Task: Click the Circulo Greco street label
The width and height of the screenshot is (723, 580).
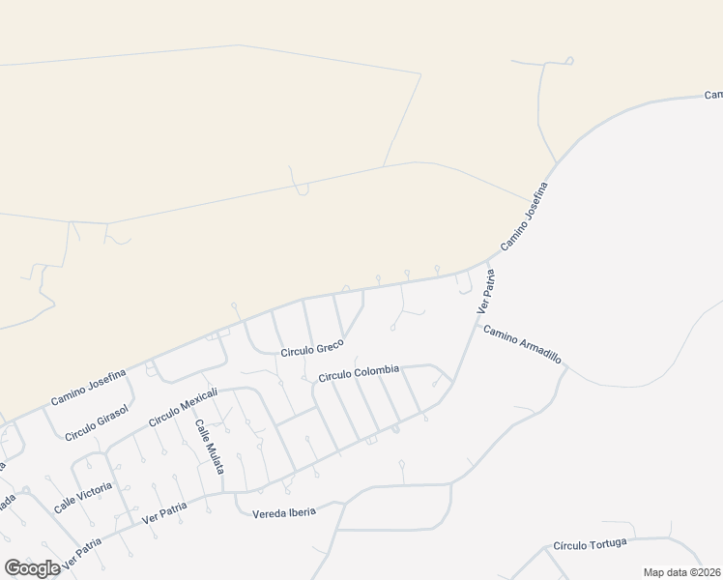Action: coord(312,351)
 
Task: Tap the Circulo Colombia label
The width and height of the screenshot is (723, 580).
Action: coord(359,371)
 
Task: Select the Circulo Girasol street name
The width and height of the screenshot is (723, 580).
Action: coord(97,422)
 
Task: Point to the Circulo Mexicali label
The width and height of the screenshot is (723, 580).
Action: coord(184,408)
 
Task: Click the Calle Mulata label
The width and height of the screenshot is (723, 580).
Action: coord(210,446)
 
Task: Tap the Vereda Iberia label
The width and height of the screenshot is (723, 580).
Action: coord(283,512)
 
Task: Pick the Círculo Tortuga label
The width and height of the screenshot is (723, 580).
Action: coord(591,545)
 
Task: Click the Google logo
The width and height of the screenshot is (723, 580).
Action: coord(32,567)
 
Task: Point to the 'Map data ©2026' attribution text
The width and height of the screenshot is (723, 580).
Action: coord(681,572)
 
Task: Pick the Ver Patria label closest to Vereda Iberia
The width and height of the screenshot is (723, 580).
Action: coord(163,512)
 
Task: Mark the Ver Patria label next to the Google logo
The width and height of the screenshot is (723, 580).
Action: coord(81,553)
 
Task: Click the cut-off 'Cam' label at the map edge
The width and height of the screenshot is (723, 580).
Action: coord(713,95)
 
